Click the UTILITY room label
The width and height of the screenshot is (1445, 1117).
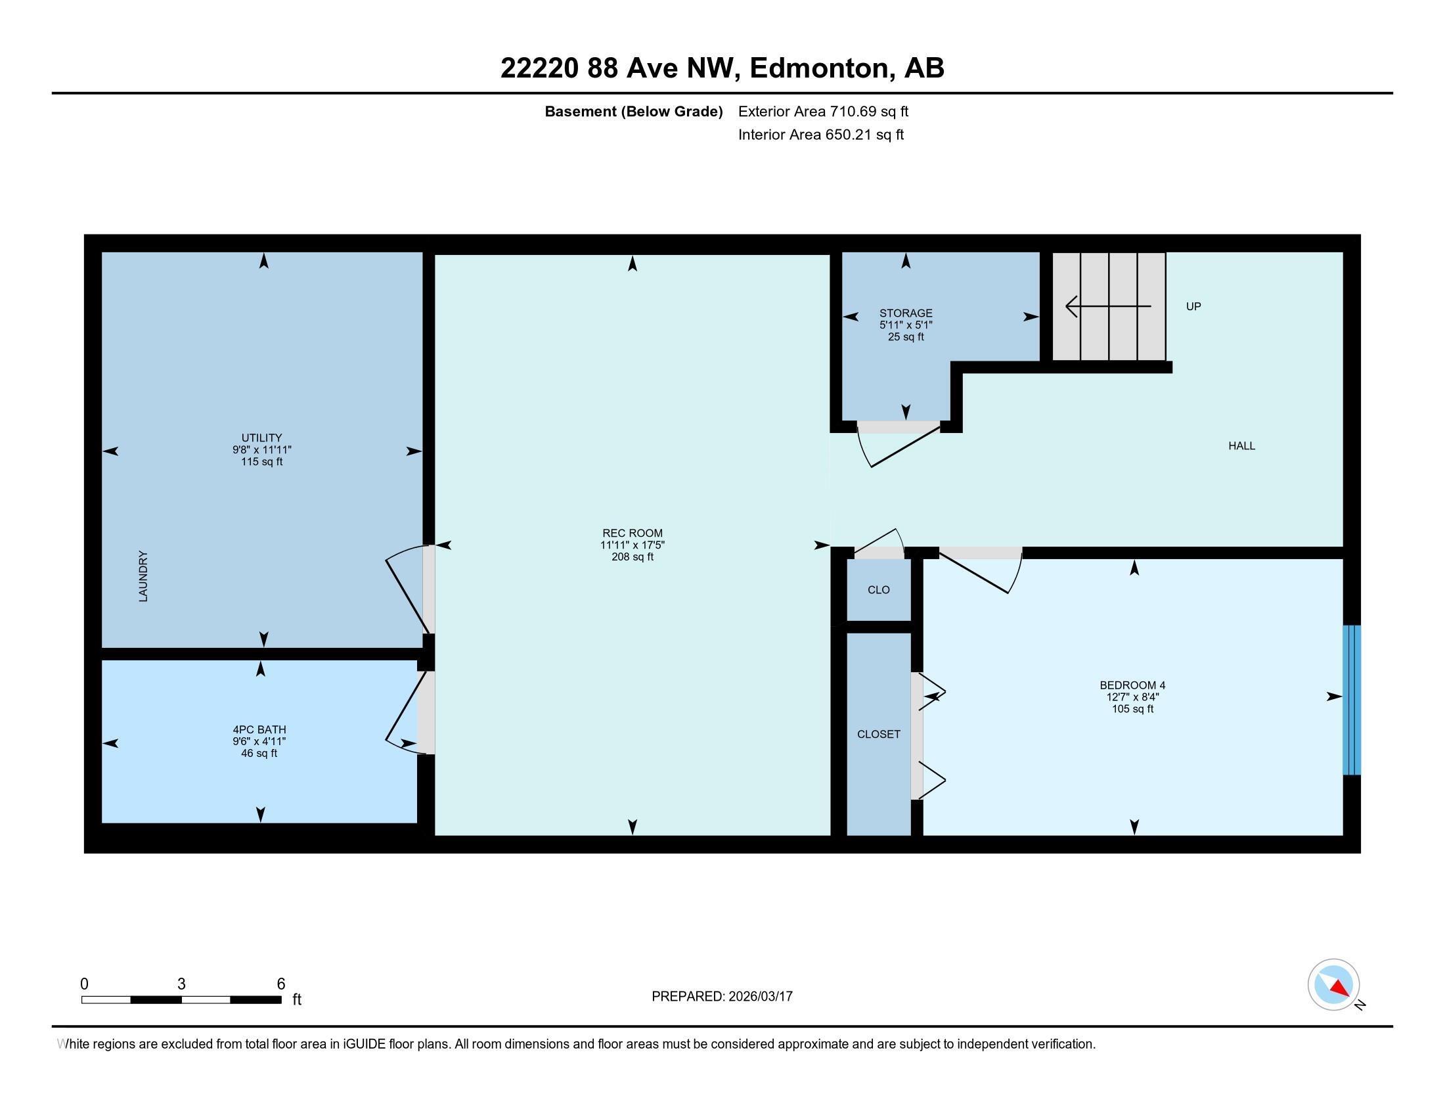(x=261, y=438)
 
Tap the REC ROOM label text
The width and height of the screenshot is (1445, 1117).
(x=632, y=534)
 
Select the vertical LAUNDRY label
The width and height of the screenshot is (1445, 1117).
(x=143, y=576)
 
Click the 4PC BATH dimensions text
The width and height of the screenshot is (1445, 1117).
(x=259, y=742)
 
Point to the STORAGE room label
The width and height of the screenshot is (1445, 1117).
(x=905, y=313)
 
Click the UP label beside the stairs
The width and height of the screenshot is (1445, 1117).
(x=1193, y=306)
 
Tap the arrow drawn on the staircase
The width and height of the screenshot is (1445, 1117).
(x=1107, y=306)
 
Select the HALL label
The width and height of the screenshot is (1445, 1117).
(x=1241, y=446)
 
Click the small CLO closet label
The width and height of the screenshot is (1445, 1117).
(x=878, y=589)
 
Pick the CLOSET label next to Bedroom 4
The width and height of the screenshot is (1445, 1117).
(x=878, y=734)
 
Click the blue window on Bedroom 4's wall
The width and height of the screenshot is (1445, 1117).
(x=1351, y=700)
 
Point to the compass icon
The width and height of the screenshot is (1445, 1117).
(x=1333, y=985)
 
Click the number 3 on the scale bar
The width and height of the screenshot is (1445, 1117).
(x=181, y=984)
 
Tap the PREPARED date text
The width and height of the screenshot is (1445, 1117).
(x=722, y=997)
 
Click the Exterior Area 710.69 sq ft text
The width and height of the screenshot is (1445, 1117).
(x=822, y=112)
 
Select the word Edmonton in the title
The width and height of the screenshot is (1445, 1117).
(x=818, y=68)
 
